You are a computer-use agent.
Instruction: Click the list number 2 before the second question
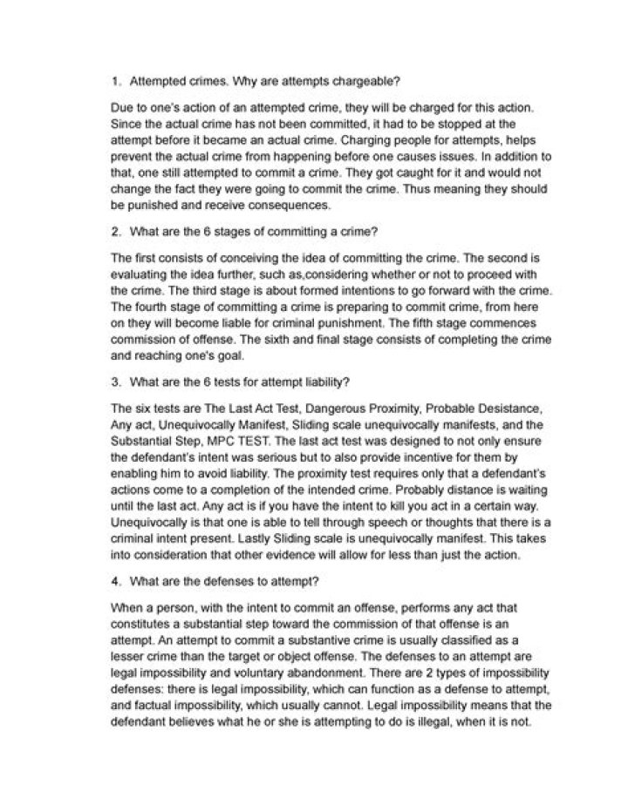click(117, 233)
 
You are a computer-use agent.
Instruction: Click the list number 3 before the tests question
click(117, 382)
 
